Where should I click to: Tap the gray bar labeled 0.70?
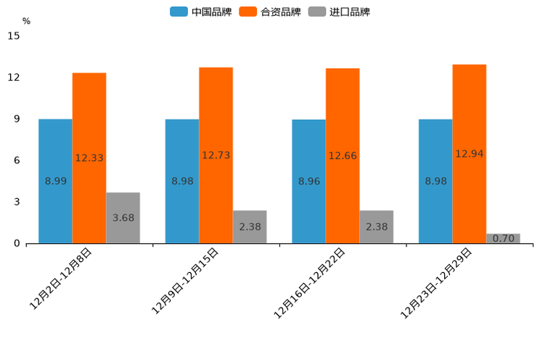click(x=503, y=238)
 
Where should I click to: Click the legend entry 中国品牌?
click(x=201, y=12)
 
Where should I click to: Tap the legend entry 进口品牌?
click(x=339, y=12)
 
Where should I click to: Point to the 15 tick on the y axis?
click(x=14, y=36)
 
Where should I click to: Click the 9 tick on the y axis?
click(x=17, y=119)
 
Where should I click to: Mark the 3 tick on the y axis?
click(x=17, y=202)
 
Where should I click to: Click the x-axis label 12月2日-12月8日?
click(x=61, y=279)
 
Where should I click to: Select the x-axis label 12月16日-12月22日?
click(x=310, y=282)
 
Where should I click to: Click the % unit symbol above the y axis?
click(x=26, y=22)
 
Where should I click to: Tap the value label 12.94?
click(x=470, y=154)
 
